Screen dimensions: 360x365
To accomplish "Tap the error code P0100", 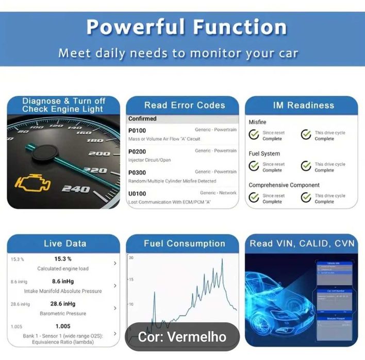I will pos(137,130).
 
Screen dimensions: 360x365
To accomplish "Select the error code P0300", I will pos(137,173).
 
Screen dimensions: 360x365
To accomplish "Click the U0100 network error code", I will pos(137,194).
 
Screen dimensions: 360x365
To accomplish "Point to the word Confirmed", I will pos(142,118).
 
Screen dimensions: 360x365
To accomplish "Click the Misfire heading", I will pos(257,122).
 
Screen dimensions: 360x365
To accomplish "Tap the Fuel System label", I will pos(264,153).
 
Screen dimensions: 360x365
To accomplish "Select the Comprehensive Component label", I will pos(284,185).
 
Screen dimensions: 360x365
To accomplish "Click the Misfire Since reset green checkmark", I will pos(254,135).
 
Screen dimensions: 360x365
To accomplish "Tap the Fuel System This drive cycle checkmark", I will pos(306,166).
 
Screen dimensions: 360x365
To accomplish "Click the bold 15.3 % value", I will pos(63,259).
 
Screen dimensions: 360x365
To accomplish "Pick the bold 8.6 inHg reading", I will pos(63,281).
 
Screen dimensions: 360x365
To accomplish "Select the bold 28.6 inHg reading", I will pos(63,304).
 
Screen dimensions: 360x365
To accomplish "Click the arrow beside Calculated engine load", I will pos(114,263).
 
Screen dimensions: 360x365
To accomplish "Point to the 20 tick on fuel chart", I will pos(131,257).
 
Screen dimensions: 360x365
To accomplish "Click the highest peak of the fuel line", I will pos(222,260).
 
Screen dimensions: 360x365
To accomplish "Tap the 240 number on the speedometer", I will pos(76,189).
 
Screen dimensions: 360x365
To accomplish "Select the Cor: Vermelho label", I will pos(182,337).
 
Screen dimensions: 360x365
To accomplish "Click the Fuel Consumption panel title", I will pos(184,244).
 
